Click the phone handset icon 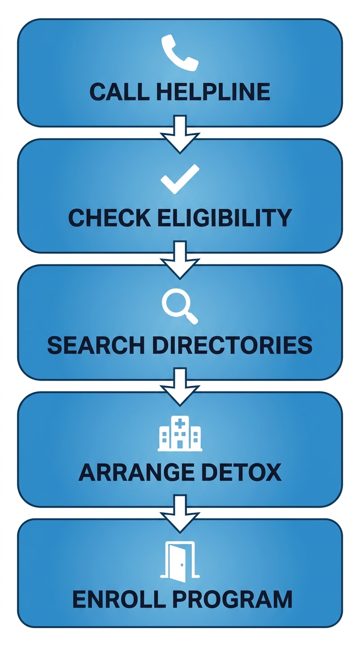[180, 53]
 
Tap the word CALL [119, 92]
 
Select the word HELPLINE [213, 92]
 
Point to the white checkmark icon [180, 179]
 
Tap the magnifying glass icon [180, 305]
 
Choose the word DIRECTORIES [232, 345]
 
